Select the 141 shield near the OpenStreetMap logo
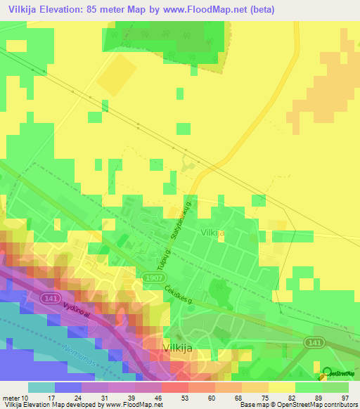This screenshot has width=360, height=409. (315, 341)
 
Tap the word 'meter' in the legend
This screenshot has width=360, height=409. (11, 398)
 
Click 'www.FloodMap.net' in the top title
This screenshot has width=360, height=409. (211, 10)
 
